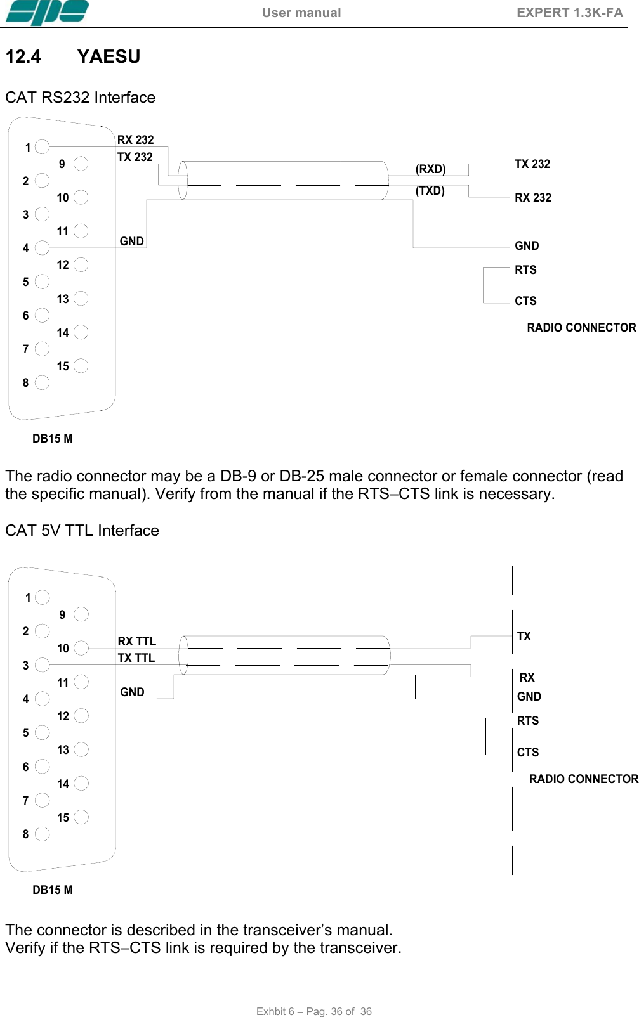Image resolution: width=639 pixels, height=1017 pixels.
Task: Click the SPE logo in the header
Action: (x=46, y=13)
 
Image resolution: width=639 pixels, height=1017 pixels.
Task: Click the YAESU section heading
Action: (x=109, y=56)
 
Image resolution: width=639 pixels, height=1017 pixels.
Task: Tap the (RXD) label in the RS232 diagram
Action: (x=430, y=169)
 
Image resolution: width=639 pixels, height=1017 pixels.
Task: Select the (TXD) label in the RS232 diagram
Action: (x=430, y=190)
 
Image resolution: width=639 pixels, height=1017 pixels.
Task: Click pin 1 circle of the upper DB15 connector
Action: (x=43, y=147)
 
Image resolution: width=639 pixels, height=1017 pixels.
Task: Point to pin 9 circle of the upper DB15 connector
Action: (x=81, y=164)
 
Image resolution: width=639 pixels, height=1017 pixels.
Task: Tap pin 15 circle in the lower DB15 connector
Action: (x=81, y=817)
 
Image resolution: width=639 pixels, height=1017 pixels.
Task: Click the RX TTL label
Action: (x=136, y=641)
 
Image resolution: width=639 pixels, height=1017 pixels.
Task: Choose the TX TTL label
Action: (x=136, y=657)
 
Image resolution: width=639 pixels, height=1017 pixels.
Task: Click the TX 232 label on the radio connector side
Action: (x=532, y=164)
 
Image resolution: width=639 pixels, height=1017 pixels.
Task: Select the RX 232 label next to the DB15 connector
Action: (x=135, y=139)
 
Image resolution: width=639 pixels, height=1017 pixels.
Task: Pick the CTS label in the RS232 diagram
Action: (x=525, y=301)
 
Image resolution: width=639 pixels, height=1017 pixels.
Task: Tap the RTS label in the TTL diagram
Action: (x=527, y=720)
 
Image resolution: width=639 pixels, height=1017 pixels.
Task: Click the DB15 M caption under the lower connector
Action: (x=53, y=890)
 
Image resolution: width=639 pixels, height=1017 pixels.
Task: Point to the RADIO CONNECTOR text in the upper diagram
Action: (x=581, y=327)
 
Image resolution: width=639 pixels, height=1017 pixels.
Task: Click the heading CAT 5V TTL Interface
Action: (x=82, y=530)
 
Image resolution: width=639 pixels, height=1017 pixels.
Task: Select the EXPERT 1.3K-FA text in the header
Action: (x=569, y=13)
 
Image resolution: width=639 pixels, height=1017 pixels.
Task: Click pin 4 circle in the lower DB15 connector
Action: (x=43, y=699)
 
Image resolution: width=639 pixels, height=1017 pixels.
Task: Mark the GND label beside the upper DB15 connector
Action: (x=131, y=241)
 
